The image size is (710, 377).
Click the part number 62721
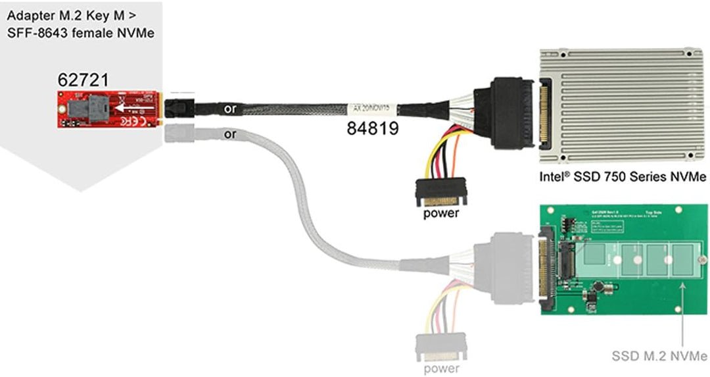point(83,80)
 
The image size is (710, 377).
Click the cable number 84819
point(373,129)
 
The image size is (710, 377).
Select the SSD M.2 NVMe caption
point(659,357)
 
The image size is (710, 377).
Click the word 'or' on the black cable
point(230,109)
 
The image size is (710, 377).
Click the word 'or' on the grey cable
point(230,134)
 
